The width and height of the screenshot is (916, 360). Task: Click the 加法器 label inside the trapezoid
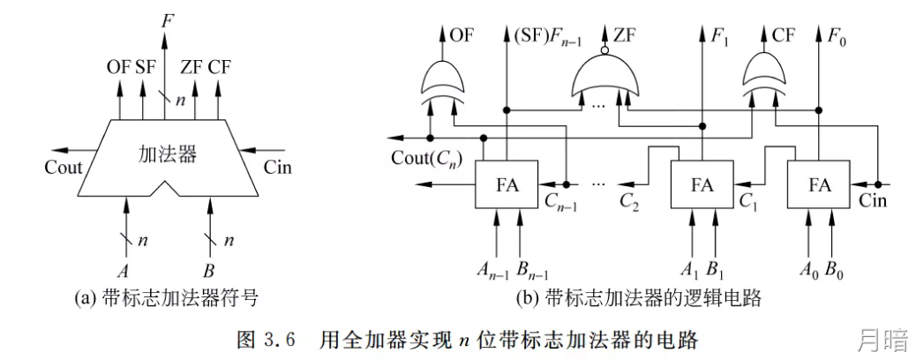tap(167, 154)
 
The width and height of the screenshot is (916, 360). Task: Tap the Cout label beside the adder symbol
tap(64, 168)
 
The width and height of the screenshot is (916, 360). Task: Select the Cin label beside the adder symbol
tap(277, 168)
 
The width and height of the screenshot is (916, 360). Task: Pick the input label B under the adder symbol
tap(208, 273)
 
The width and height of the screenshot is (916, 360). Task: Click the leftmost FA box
tap(506, 184)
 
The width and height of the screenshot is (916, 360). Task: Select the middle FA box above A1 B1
tap(702, 184)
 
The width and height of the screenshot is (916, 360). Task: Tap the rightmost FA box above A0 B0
tap(819, 184)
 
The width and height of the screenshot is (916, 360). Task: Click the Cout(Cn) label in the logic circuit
tap(424, 158)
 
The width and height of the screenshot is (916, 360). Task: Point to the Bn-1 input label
tap(532, 271)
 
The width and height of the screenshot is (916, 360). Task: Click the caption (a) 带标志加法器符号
tap(167, 299)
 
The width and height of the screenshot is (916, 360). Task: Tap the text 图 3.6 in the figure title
tap(266, 340)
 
